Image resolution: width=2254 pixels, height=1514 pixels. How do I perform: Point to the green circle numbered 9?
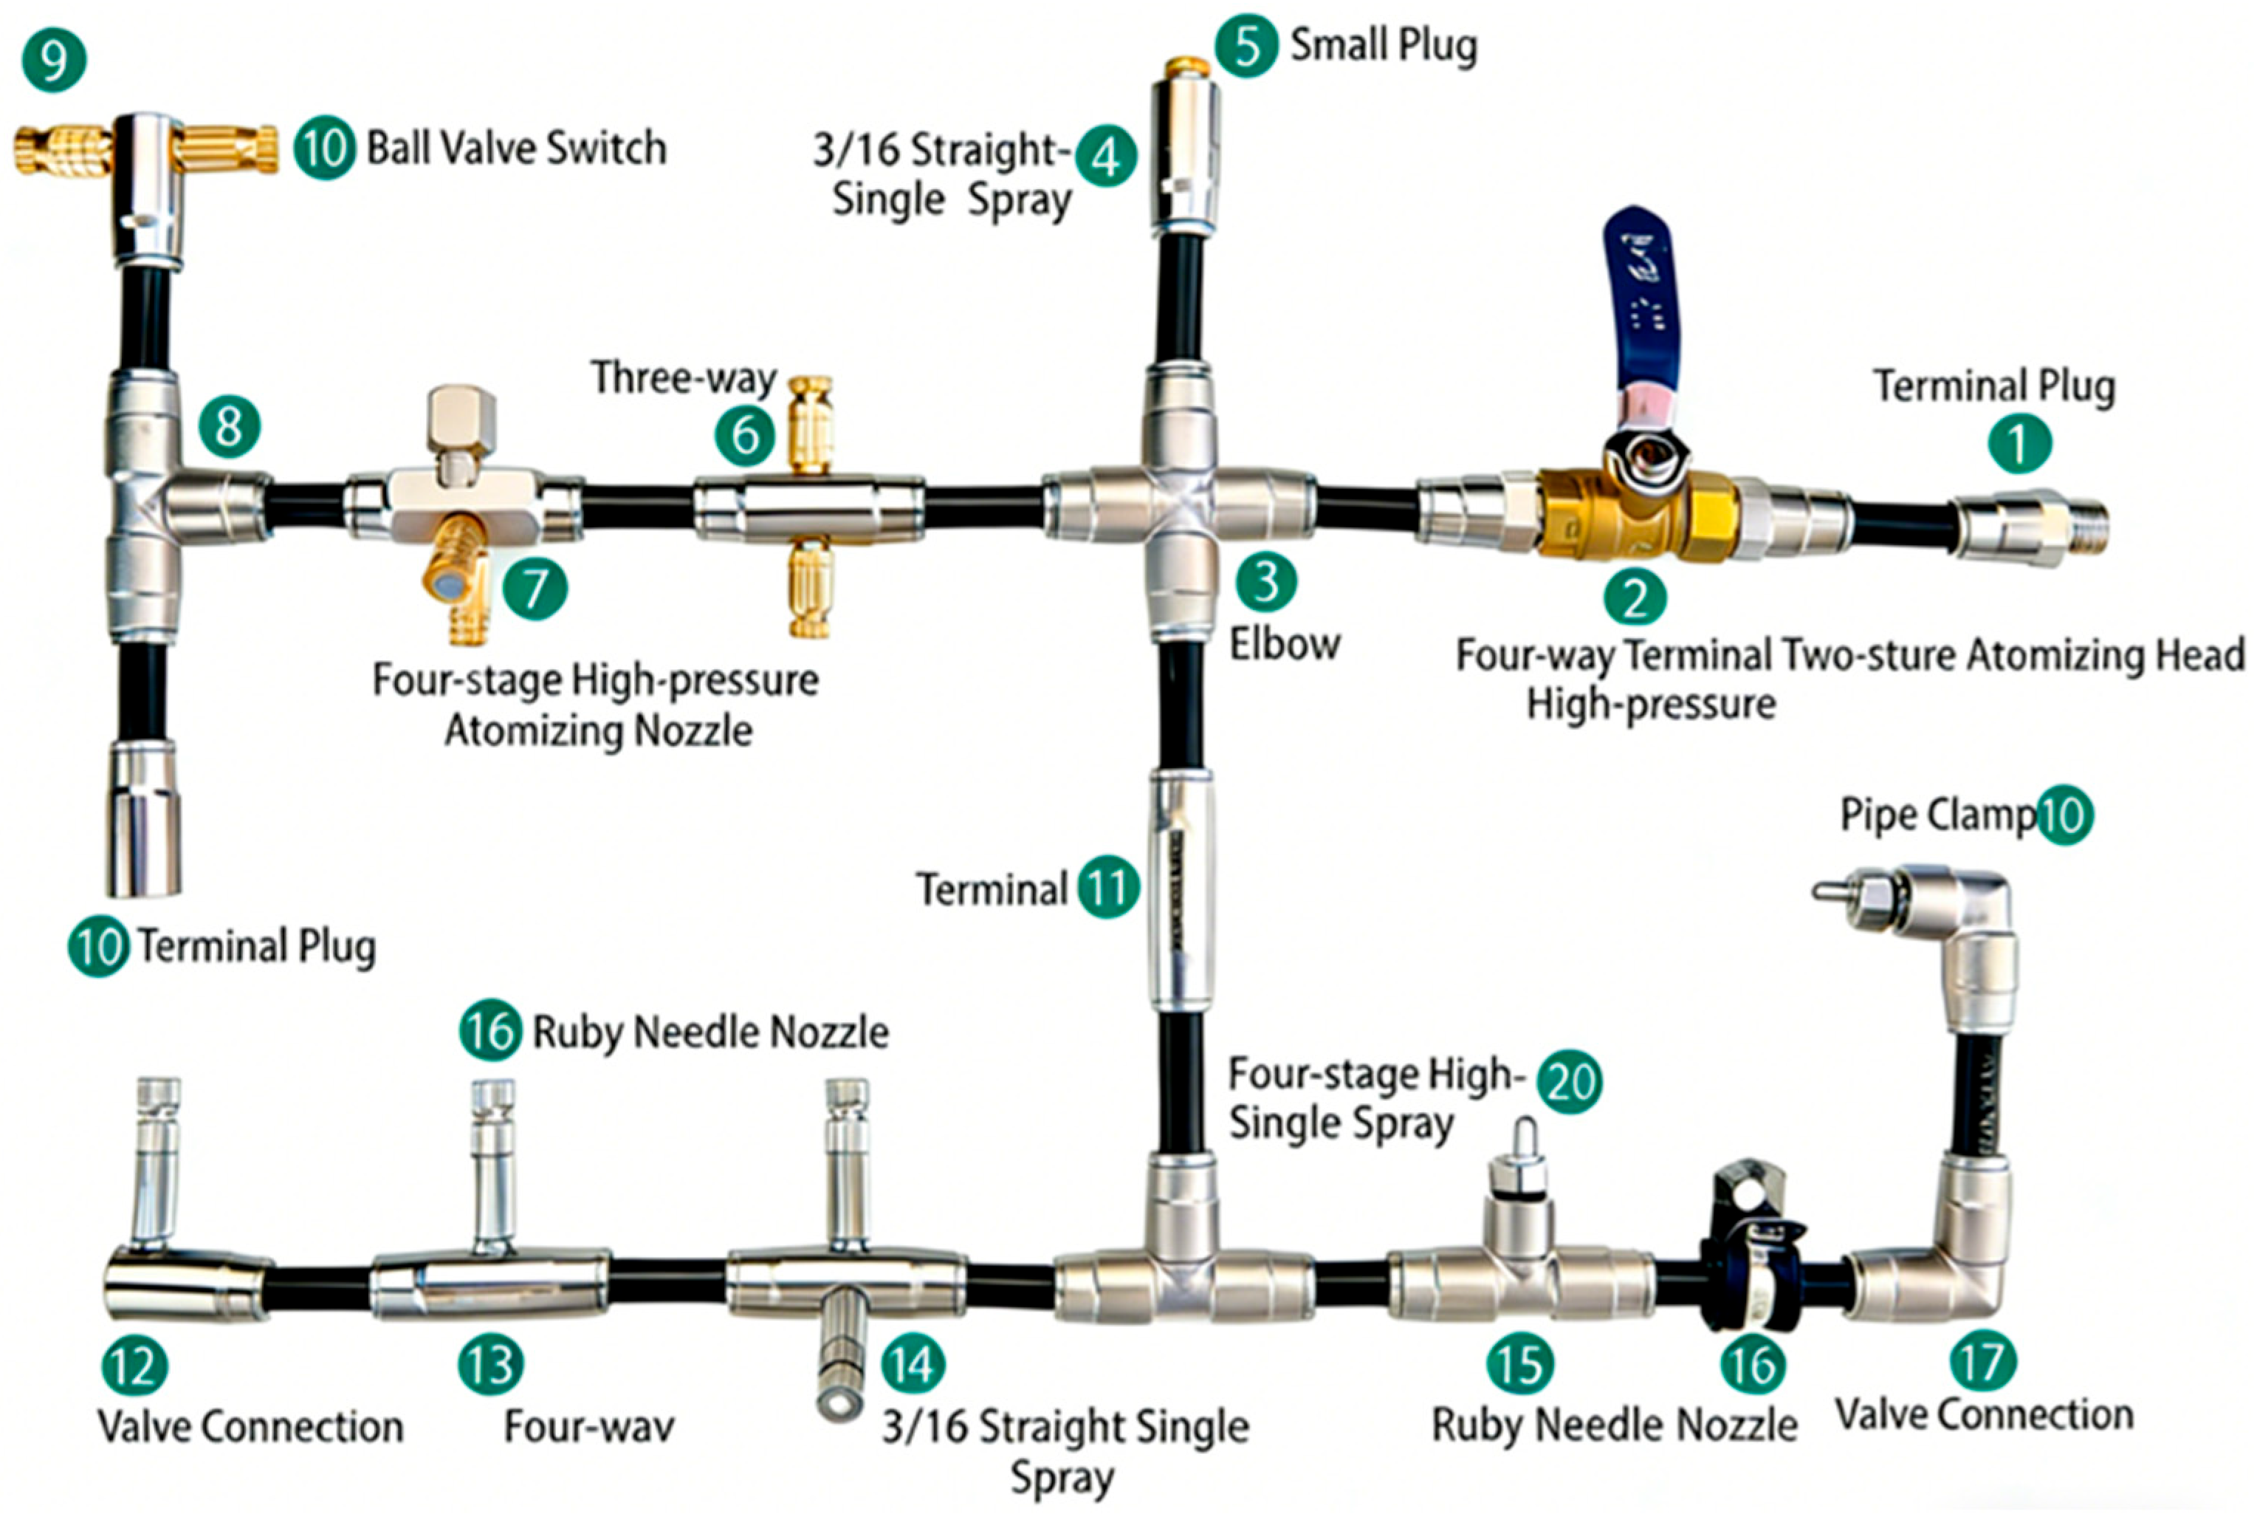pyautogui.click(x=54, y=60)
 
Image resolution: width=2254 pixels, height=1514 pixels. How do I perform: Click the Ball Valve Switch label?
pyautogui.click(x=517, y=148)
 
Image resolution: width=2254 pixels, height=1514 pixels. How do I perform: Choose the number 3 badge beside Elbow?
pyautogui.click(x=1265, y=582)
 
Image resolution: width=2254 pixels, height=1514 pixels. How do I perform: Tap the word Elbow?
pyautogui.click(x=1285, y=645)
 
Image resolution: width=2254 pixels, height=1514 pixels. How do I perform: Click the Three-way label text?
pyautogui.click(x=684, y=377)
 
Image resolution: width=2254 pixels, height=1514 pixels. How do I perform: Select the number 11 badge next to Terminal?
pyautogui.click(x=1108, y=886)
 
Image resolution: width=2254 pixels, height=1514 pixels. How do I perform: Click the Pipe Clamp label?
pyautogui.click(x=1937, y=816)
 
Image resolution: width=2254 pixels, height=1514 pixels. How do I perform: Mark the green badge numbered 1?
pyautogui.click(x=2018, y=443)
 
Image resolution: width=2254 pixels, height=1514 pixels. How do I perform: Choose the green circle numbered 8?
pyautogui.click(x=230, y=426)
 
